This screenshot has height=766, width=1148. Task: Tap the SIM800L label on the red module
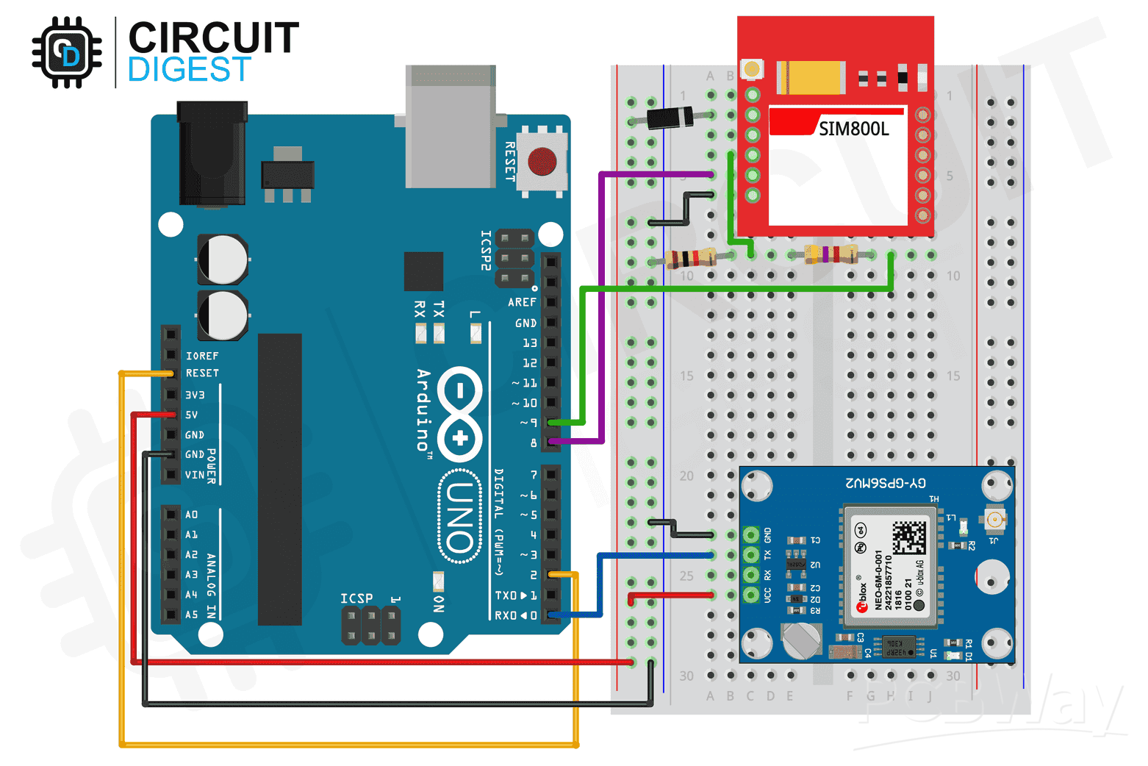pyautogui.click(x=853, y=129)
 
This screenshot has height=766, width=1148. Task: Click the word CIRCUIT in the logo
pyautogui.click(x=213, y=38)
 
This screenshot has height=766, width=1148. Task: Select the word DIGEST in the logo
pyautogui.click(x=190, y=71)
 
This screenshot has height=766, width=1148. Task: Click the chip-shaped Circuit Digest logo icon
pyautogui.click(x=67, y=53)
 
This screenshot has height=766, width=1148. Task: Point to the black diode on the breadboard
pyautogui.click(x=670, y=117)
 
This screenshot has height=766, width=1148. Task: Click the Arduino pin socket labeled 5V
pyautogui.click(x=171, y=415)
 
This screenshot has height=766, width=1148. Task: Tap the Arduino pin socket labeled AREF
pyautogui.click(x=550, y=302)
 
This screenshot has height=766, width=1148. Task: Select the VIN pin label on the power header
pyautogui.click(x=195, y=475)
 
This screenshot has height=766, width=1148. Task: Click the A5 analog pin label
pyautogui.click(x=191, y=615)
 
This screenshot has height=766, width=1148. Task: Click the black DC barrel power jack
pyautogui.click(x=212, y=154)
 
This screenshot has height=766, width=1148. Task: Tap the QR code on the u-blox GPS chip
pyautogui.click(x=908, y=537)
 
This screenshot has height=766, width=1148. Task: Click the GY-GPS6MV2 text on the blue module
pyautogui.click(x=886, y=483)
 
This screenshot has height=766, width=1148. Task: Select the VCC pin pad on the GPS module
pyautogui.click(x=750, y=594)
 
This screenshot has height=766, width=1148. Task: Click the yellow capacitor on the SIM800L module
pyautogui.click(x=811, y=77)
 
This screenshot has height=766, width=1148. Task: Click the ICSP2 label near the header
pyautogui.click(x=486, y=251)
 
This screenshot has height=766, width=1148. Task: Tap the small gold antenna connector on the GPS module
pyautogui.click(x=996, y=520)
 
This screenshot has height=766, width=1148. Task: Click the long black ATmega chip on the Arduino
pyautogui.click(x=279, y=479)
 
